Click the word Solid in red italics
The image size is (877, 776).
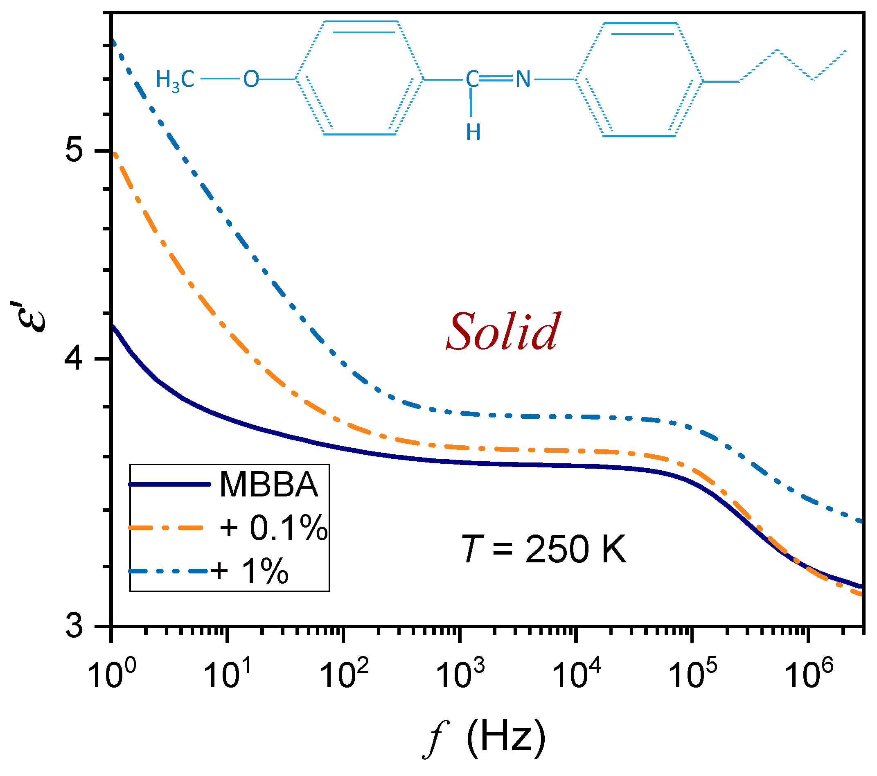click(x=503, y=332)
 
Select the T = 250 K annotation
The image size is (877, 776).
click(x=543, y=550)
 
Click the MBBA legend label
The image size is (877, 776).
click(x=269, y=485)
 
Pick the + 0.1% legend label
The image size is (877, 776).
click(x=274, y=528)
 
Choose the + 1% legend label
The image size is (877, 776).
click(x=250, y=571)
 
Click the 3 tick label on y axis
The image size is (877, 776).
click(x=74, y=627)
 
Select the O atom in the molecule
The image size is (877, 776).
click(x=251, y=79)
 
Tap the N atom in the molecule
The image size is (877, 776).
click(x=523, y=79)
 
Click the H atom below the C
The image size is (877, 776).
click(x=473, y=132)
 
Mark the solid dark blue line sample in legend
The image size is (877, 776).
click(x=169, y=485)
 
